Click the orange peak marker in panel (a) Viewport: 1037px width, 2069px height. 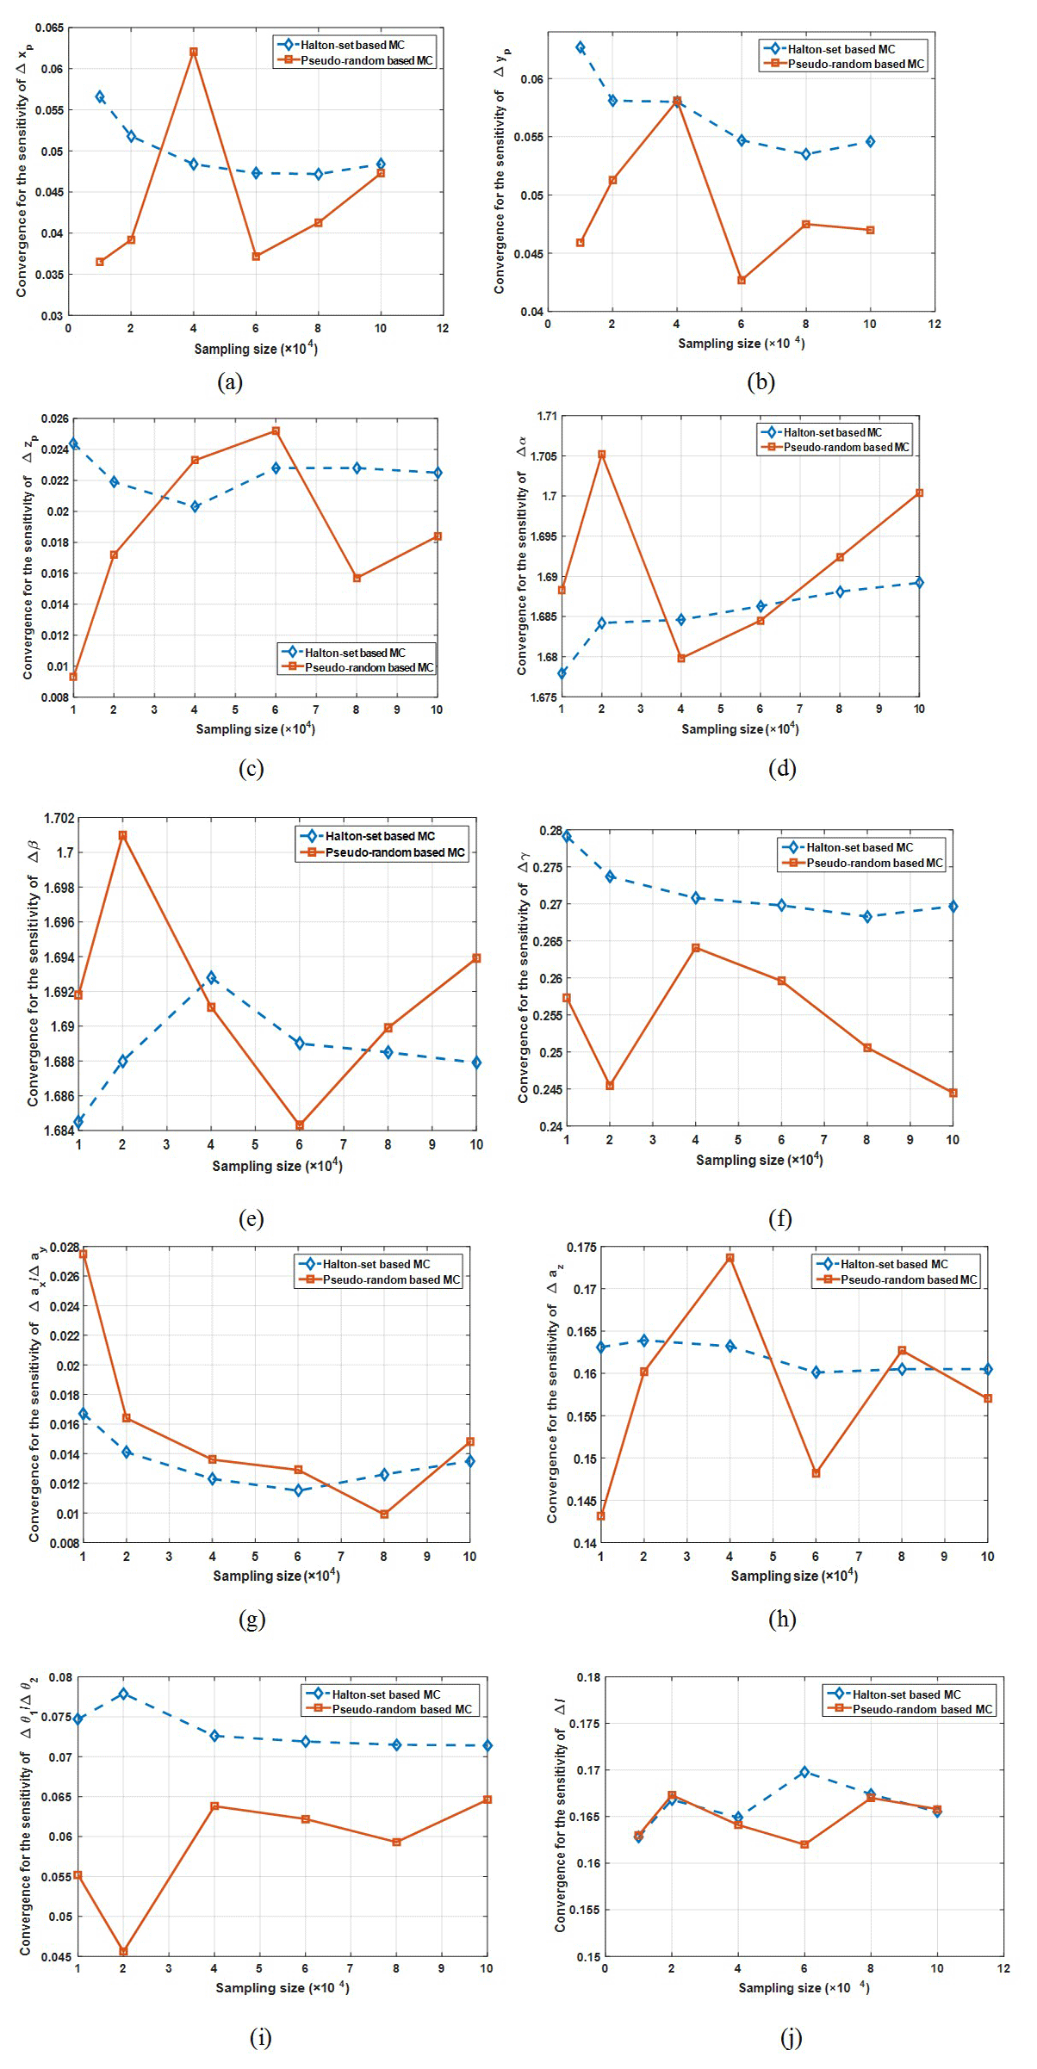tap(193, 52)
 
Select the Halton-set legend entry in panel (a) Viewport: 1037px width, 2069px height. tap(351, 45)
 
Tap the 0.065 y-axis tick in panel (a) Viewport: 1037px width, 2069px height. tap(49, 28)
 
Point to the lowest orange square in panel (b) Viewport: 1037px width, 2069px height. tap(741, 280)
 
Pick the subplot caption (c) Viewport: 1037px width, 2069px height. tap(251, 768)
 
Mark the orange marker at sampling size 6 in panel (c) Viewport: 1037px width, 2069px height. tap(276, 431)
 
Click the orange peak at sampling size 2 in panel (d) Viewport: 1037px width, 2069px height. tap(601, 455)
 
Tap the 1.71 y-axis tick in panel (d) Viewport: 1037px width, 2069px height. tap(547, 416)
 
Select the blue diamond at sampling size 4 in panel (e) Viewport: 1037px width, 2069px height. tap(211, 977)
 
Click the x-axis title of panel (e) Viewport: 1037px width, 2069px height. tap(277, 1166)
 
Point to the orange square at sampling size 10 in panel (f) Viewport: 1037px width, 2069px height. tap(953, 1093)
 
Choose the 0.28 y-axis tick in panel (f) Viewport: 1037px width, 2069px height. tap(550, 831)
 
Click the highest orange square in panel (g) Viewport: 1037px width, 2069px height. tap(83, 1254)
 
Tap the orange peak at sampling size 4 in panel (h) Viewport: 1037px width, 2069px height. tap(730, 1258)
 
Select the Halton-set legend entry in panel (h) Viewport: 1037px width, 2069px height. tap(893, 1264)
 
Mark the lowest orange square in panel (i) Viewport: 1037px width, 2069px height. tap(123, 1951)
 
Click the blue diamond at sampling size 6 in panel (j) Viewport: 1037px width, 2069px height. tap(804, 1772)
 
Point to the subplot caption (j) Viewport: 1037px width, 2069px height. tap(791, 2037)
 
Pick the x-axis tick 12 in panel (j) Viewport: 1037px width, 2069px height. tap(1003, 1968)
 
